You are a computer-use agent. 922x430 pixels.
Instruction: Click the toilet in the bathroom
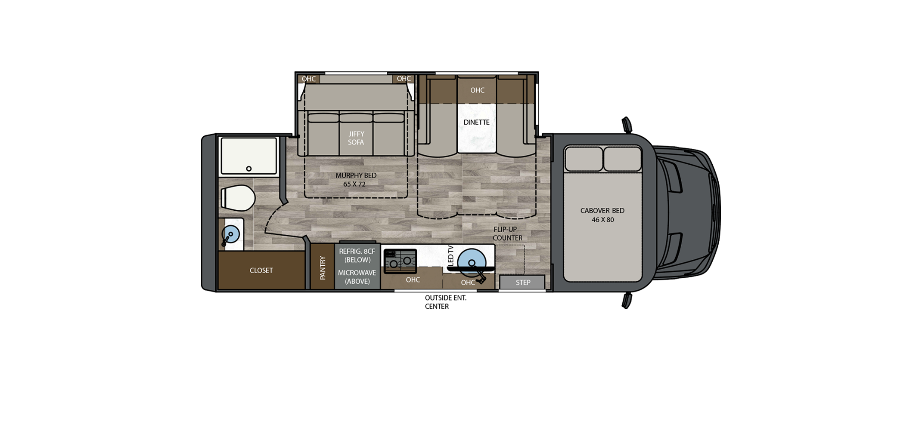tap(238, 198)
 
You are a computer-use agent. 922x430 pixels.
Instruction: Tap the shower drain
tap(248, 169)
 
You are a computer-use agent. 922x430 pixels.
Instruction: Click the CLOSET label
tap(261, 270)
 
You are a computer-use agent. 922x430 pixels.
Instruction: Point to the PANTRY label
tap(323, 267)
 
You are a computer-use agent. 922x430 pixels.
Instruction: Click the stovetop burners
tap(400, 261)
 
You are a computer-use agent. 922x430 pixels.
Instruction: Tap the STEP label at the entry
tap(523, 283)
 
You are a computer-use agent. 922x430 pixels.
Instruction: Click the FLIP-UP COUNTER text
tap(507, 233)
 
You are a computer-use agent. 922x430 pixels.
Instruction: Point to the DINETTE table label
tap(476, 123)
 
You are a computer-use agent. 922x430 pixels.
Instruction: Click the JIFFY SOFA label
tap(356, 138)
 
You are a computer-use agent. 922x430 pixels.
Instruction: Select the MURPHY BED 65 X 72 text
tap(356, 180)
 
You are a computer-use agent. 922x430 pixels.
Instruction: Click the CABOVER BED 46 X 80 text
tap(602, 215)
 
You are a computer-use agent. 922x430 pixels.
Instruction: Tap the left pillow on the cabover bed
tap(584, 159)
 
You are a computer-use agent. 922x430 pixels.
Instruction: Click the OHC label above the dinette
tap(477, 90)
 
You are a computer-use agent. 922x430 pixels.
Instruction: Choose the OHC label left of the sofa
tap(308, 79)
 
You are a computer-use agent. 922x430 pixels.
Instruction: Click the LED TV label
tap(451, 256)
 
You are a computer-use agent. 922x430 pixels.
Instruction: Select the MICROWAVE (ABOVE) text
tap(357, 277)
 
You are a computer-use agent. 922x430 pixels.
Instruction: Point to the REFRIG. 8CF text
tap(357, 252)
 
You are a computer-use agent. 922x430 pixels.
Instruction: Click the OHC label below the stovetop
tap(413, 280)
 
